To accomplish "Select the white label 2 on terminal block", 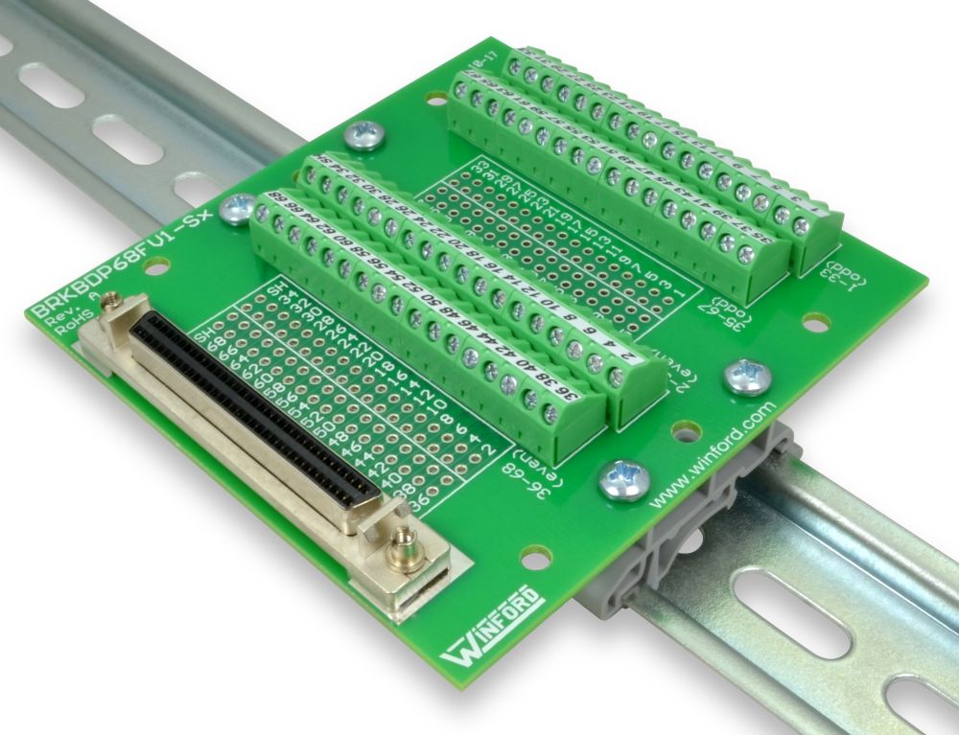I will tap(625, 356).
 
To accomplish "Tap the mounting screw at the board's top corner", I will tap(365, 135).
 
